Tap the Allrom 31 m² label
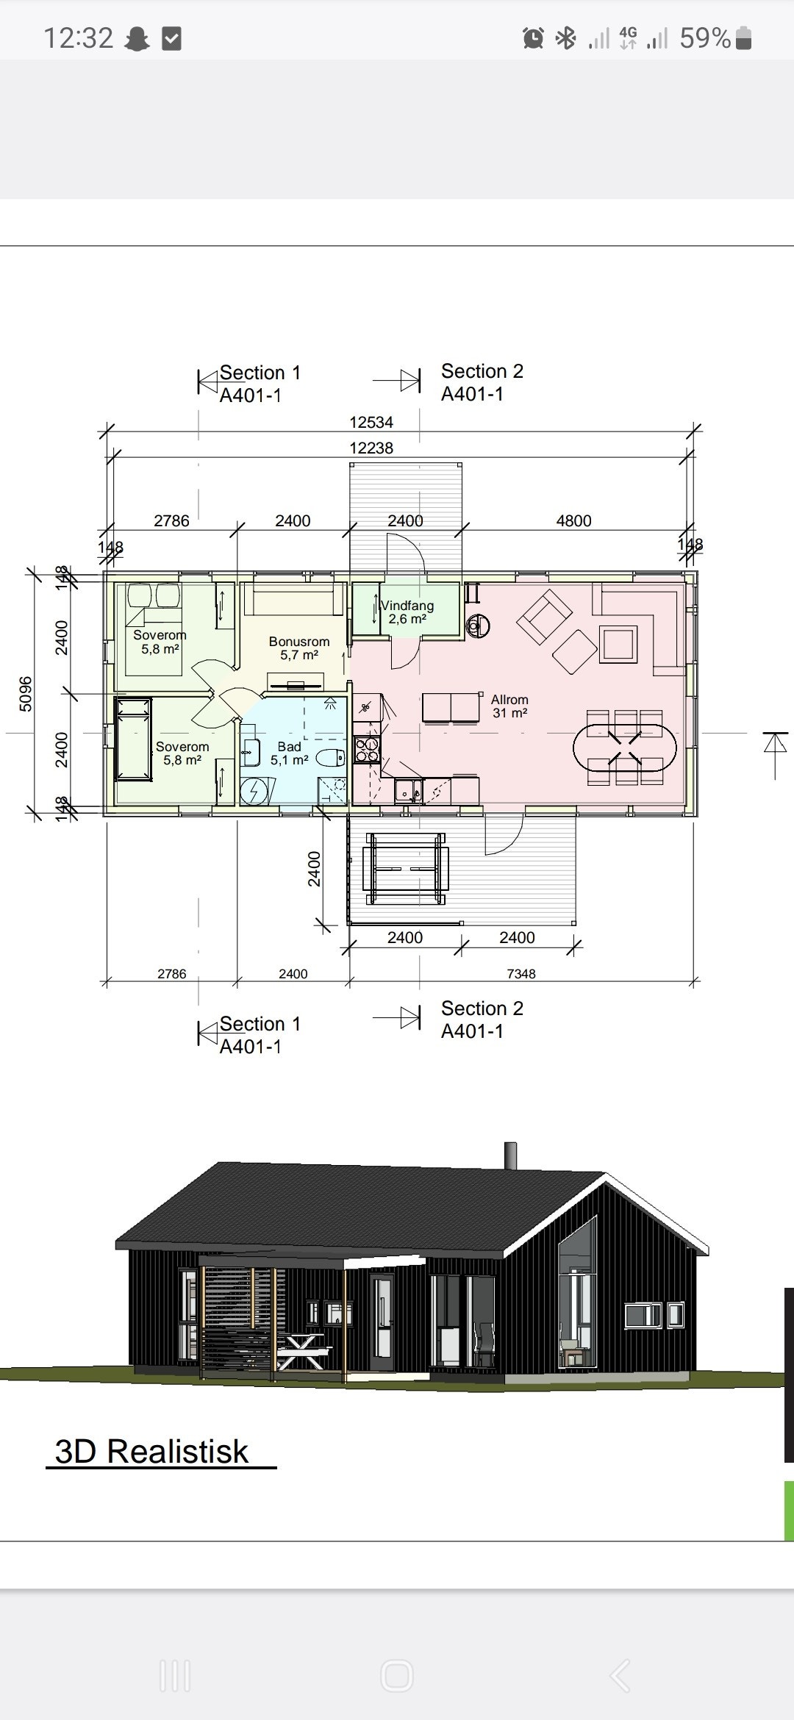(509, 706)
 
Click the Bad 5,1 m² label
(290, 753)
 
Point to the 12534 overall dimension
(371, 423)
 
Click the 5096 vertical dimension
(26, 693)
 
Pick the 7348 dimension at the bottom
(521, 974)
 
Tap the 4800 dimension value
(573, 521)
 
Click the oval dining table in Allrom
(624, 748)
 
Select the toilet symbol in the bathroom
(331, 757)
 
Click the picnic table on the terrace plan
(406, 869)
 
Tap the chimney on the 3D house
(510, 1155)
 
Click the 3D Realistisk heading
(152, 1452)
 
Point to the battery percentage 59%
(705, 38)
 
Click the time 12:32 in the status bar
(79, 38)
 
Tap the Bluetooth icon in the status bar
(565, 38)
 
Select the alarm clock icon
(534, 38)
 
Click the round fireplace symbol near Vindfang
(478, 626)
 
